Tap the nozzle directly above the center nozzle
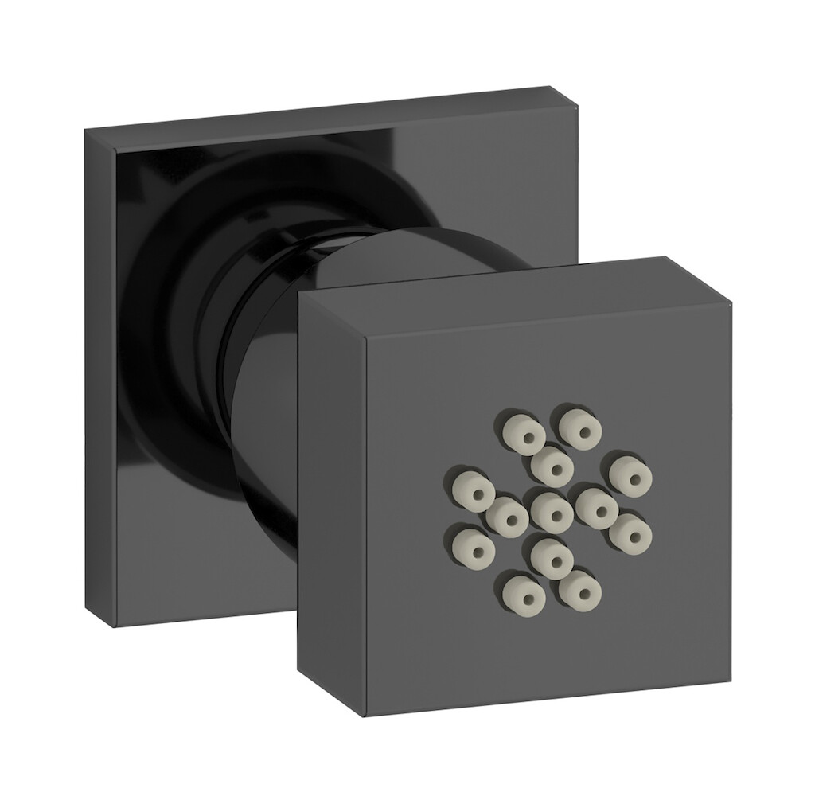click(552, 464)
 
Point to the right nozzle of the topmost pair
click(580, 427)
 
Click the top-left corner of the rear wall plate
click(86, 134)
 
